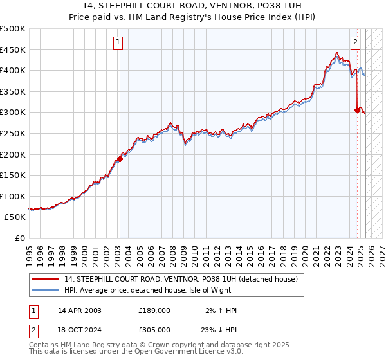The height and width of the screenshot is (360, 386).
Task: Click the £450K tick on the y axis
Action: point(13,50)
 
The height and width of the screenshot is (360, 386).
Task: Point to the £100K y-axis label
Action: point(13,196)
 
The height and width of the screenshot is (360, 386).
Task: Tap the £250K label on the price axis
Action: point(13,133)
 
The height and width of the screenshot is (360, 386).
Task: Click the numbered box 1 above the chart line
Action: point(119,43)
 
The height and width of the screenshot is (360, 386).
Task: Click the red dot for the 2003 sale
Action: point(120,159)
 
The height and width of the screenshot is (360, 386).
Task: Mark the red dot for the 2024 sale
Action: point(357,110)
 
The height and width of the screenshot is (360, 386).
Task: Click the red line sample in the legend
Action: point(45,280)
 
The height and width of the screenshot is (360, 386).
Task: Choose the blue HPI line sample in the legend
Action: point(45,290)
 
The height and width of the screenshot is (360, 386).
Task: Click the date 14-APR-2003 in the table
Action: point(80,310)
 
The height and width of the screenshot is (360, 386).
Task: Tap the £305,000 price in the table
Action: point(154,328)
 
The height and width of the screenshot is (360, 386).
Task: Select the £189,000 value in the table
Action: point(154,310)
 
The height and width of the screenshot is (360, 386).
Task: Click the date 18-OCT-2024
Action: point(80,328)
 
